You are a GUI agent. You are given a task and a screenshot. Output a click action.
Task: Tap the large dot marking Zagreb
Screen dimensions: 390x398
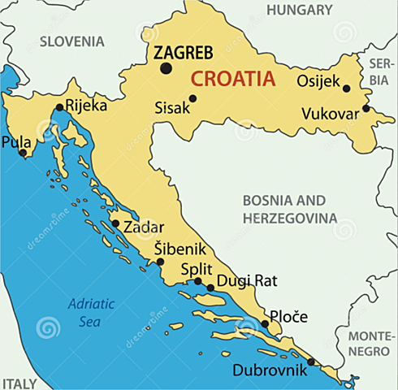pos(167,69)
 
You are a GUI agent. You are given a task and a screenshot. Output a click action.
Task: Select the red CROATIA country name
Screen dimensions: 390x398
pos(232,80)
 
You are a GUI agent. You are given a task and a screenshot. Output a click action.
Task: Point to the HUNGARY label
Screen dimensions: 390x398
pos(300,11)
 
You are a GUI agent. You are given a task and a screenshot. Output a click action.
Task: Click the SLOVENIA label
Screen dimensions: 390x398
pos(72,41)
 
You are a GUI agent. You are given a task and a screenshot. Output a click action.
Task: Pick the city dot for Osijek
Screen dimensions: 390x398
pos(346,89)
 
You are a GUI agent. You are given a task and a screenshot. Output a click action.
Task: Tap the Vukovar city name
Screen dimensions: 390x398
pos(330,115)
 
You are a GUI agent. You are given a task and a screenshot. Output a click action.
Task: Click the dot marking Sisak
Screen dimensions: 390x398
pos(193,99)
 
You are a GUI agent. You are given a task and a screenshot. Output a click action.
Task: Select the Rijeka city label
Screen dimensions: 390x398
pos(85,105)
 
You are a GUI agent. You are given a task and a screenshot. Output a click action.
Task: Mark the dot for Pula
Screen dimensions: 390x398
pos(23,152)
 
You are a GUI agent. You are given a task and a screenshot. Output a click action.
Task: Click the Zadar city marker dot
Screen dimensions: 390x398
pos(115,223)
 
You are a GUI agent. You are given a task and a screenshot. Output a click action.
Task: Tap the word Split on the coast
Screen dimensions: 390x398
pos(197,268)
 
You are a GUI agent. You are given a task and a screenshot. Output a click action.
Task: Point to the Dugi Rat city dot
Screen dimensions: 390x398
pos(210,287)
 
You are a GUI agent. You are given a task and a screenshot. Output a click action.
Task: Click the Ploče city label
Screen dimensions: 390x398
pos(289,315)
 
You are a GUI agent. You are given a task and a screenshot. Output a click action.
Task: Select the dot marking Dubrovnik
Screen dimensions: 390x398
pos(312,362)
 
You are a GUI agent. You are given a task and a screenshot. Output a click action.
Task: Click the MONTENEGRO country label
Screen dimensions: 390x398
pos(372,343)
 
